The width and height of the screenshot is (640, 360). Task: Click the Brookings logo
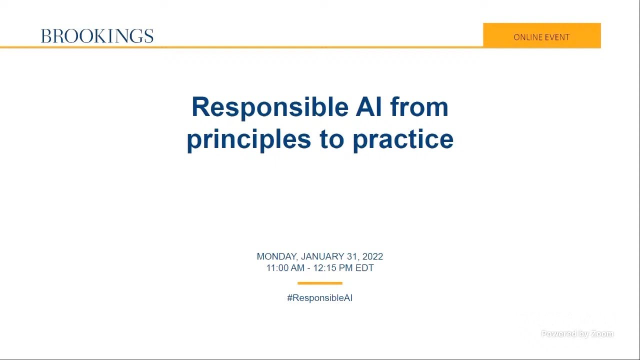[97, 36]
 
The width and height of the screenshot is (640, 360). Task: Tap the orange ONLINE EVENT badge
[541, 35]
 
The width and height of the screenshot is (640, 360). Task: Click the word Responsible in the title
[262, 107]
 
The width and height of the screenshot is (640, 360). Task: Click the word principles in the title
[249, 139]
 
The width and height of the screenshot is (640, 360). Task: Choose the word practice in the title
[403, 139]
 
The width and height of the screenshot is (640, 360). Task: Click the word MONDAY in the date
[277, 256]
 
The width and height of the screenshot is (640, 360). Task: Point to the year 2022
[372, 256]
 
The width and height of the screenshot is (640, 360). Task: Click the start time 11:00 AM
[285, 268]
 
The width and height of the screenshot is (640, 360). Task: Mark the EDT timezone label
[364, 268]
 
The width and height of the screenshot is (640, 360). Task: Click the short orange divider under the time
[319, 283]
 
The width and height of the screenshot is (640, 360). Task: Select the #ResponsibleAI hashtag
[319, 298]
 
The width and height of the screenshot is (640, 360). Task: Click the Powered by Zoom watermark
[577, 334]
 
